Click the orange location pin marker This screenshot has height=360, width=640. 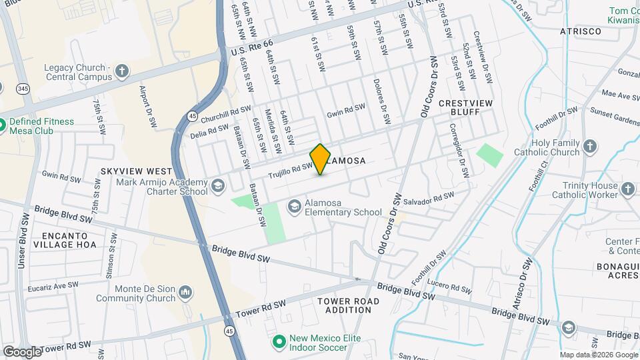(x=320, y=159)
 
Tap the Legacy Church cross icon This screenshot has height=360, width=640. (x=122, y=71)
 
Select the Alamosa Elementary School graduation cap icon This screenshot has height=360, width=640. (x=293, y=207)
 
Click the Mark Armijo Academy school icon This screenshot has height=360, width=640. (x=218, y=187)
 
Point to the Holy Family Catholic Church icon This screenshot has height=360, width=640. (x=589, y=147)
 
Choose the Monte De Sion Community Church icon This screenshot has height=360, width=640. (x=185, y=292)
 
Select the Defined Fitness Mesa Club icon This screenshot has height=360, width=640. (x=2, y=123)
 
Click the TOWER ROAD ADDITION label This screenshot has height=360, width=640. (x=349, y=306)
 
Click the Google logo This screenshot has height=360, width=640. (x=23, y=351)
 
